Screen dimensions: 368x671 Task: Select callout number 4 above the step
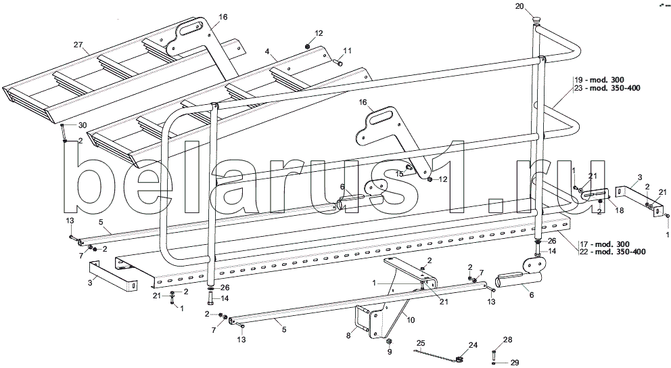pos(268,51)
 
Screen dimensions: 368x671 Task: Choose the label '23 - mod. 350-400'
pos(606,88)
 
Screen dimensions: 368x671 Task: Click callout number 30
pos(83,125)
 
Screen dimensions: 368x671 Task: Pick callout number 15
pos(398,174)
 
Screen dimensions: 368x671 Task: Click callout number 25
pos(420,344)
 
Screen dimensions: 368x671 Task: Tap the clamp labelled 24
pos(459,358)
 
